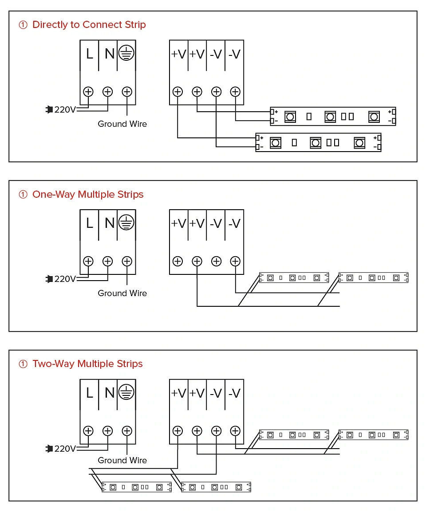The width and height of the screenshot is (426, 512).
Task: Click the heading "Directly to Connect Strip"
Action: [89, 25]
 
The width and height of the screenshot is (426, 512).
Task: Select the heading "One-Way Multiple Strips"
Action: [88, 194]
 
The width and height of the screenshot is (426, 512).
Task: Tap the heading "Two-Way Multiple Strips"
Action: [87, 364]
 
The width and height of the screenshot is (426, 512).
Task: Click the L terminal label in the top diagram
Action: [90, 54]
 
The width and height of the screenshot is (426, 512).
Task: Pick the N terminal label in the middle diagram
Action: [109, 223]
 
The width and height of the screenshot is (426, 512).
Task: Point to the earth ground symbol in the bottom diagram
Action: [127, 392]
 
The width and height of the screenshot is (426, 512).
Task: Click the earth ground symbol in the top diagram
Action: [127, 54]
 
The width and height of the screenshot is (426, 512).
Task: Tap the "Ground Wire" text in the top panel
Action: [122, 124]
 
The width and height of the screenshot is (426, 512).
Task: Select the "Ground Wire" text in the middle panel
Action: [122, 293]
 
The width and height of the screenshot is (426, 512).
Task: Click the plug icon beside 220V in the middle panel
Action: [49, 279]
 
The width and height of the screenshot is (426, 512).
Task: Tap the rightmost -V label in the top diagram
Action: [234, 54]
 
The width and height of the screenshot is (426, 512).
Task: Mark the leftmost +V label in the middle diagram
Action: [178, 223]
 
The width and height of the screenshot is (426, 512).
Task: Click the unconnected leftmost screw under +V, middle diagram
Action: [177, 261]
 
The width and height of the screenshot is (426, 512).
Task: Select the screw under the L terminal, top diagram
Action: [88, 92]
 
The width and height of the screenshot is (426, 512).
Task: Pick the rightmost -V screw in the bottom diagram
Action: [235, 430]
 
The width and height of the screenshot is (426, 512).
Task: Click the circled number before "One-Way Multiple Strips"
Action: [23, 195]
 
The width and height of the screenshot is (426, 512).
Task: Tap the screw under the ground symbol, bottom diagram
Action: [127, 430]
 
